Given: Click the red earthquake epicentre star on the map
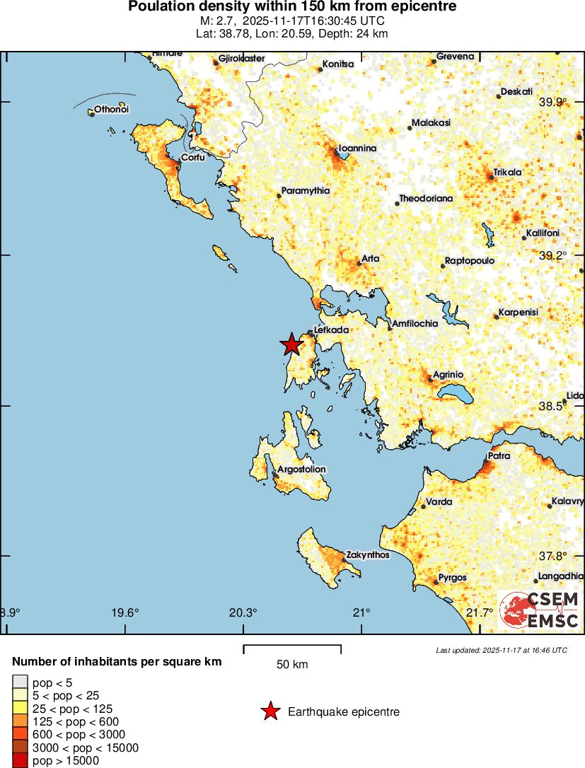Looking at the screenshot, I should coord(291,344).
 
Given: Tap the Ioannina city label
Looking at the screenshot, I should coord(357,149).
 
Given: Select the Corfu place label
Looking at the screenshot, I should coord(193,158).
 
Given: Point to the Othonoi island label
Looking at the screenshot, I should coord(111,110).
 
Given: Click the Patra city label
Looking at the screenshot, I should coord(499,456).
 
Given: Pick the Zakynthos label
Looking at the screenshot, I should coord(367,554).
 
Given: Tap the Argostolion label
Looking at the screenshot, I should coord(301,470).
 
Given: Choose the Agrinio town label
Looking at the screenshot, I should coord(448,374).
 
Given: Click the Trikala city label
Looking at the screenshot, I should coord(507,172).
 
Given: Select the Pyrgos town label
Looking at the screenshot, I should coord(452,578).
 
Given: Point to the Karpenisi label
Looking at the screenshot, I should coord(519,312).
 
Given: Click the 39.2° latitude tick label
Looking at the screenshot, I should coord(552,255).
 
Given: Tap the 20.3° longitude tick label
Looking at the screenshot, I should coord(243,612).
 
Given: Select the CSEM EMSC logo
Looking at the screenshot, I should coord(540,610).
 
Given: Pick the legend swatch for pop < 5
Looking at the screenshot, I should coord(20,682).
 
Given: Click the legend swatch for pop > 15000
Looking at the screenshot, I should coord(20,761).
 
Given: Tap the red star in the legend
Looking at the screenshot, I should coord(270,711).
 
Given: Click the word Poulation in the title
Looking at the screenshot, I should coord(158,6).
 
